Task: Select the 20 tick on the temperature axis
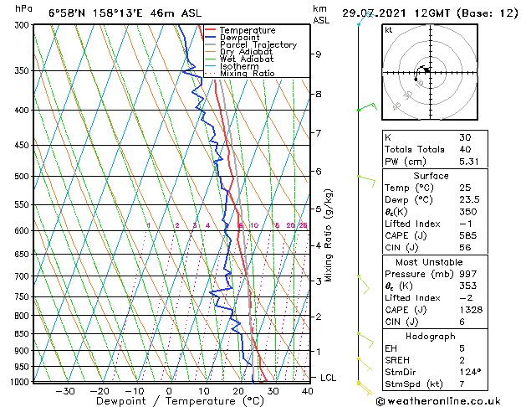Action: (238, 390)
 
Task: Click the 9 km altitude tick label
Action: (319, 54)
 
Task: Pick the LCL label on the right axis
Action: (329, 378)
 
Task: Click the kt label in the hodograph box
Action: (389, 29)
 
